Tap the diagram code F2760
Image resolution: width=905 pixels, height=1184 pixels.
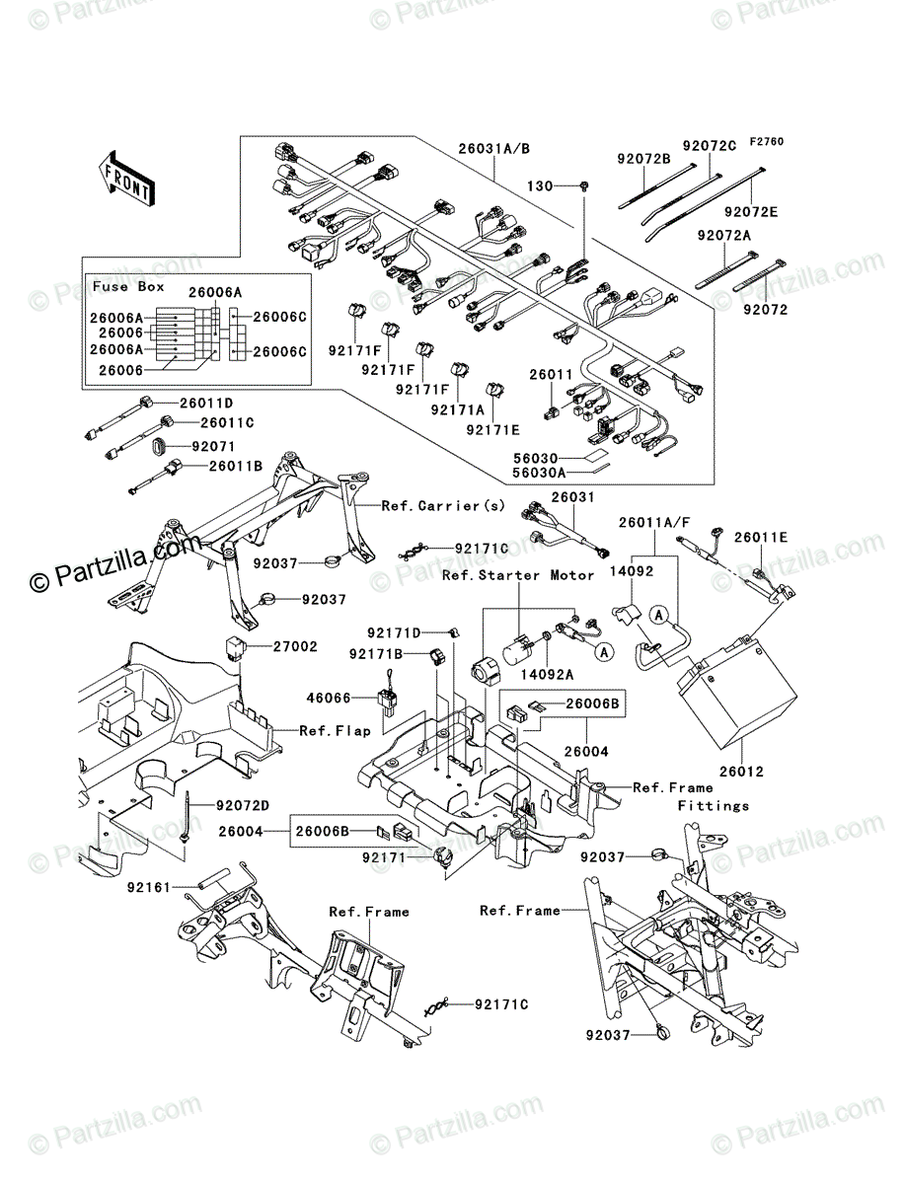click(x=767, y=142)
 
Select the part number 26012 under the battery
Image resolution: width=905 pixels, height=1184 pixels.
click(x=741, y=772)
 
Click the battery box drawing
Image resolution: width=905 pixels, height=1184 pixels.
click(x=736, y=692)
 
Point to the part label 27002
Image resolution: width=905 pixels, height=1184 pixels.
click(x=295, y=646)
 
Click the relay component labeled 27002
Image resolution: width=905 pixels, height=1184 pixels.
click(x=236, y=646)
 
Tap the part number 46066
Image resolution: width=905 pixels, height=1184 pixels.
click(x=329, y=698)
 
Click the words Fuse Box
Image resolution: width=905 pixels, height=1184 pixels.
click(x=128, y=286)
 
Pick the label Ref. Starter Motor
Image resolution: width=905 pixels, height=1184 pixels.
click(x=518, y=575)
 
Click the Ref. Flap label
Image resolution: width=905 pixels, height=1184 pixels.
click(x=335, y=731)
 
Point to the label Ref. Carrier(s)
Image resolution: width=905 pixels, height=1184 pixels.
click(x=443, y=506)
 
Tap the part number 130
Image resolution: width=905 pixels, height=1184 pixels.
click(x=540, y=186)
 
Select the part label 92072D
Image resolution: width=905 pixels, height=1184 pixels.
click(x=243, y=805)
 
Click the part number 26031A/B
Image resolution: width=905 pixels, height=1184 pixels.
click(x=494, y=148)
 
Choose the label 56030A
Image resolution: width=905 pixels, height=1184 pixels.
click(x=539, y=473)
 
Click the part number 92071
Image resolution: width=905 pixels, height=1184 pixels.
click(x=213, y=447)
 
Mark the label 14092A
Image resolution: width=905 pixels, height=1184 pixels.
click(x=547, y=675)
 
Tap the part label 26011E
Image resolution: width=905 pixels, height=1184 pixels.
click(x=761, y=538)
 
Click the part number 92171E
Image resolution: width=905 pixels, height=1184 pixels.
click(x=492, y=430)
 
